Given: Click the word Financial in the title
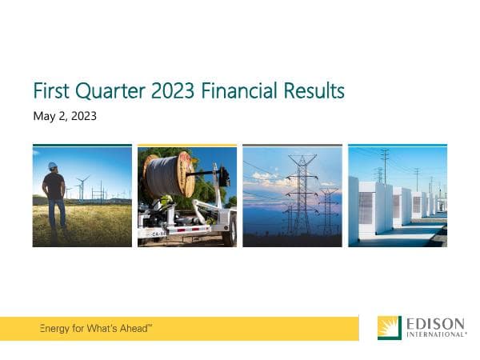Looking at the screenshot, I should point(241,91).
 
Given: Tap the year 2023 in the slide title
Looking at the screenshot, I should point(174,91).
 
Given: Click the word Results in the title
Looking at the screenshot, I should point(314,91).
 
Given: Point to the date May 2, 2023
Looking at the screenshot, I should point(65,116).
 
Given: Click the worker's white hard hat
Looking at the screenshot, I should point(53,166).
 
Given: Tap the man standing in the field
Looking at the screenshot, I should point(55,196).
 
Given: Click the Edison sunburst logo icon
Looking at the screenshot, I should point(390,328).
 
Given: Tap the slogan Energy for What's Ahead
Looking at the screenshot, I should point(96,329).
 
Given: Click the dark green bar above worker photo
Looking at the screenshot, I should point(82,146).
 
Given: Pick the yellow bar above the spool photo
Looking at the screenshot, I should point(187,146).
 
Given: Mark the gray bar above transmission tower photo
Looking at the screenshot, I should point(292,146).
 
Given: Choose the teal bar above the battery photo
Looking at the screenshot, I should point(398,146).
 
